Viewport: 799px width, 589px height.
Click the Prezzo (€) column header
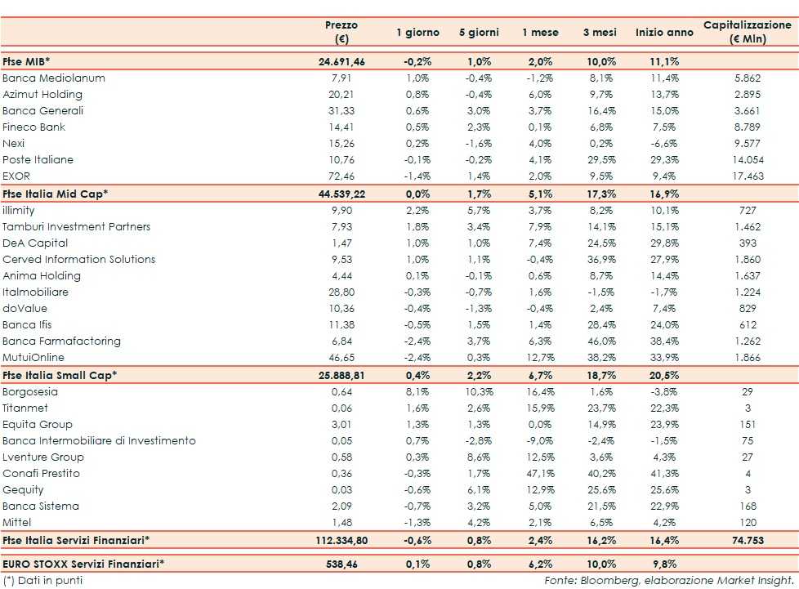[341, 32]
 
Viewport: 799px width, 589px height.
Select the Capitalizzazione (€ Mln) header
[748, 32]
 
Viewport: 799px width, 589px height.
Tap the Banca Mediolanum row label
[54, 78]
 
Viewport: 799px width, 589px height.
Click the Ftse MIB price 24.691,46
[341, 61]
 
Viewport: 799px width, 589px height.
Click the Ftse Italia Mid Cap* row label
[56, 194]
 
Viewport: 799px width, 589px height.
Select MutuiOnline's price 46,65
[341, 358]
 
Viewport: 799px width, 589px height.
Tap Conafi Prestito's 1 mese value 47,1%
[540, 474]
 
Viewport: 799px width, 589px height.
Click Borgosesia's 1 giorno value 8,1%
[417, 392]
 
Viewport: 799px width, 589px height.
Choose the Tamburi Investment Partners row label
[77, 227]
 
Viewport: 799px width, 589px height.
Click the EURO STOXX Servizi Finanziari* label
[83, 564]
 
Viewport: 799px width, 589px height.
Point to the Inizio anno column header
[664, 33]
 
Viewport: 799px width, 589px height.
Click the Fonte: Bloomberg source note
[669, 580]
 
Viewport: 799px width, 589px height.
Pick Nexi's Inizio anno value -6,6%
[664, 144]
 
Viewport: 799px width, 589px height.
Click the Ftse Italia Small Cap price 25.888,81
[341, 375]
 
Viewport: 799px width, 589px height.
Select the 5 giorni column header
[479, 33]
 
